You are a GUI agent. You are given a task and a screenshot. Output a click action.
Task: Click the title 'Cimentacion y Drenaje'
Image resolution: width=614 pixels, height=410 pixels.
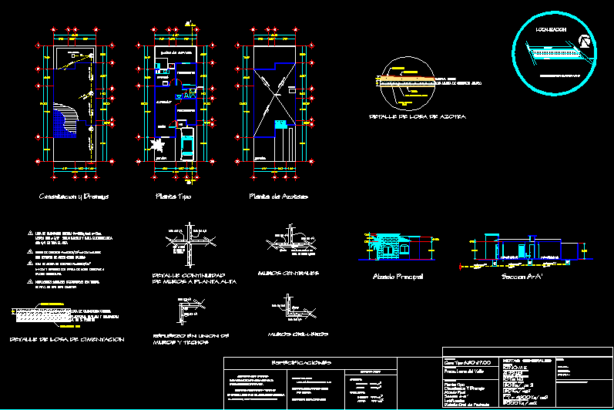[74, 197]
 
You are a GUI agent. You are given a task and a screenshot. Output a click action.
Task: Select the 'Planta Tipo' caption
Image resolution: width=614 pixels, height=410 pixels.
[174, 197]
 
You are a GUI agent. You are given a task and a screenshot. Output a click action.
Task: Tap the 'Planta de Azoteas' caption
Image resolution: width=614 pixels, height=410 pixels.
[278, 197]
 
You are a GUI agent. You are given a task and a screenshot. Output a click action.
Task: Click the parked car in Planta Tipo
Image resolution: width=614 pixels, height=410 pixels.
[186, 145]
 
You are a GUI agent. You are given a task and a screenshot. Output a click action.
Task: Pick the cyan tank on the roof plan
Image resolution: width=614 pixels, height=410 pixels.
[280, 123]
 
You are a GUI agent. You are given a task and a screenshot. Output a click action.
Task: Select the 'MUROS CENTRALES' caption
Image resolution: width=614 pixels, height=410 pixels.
[290, 273]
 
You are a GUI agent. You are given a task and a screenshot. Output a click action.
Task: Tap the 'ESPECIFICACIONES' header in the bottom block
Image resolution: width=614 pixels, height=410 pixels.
[301, 362]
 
